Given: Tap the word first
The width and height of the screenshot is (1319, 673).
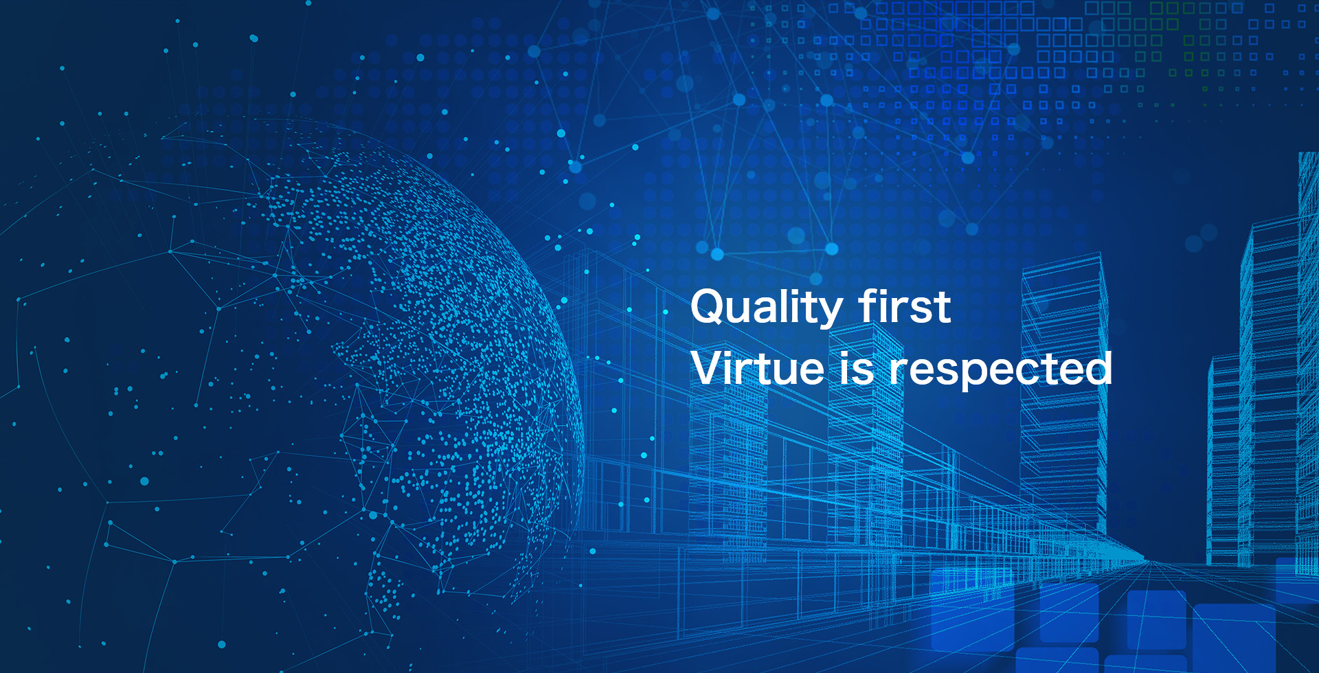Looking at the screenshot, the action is [x=905, y=306].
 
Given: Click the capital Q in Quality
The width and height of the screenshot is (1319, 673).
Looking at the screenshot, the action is [x=709, y=306].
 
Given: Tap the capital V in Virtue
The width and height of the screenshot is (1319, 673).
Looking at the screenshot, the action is [x=708, y=368].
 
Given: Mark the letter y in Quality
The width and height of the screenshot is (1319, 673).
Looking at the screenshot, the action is [x=831, y=312].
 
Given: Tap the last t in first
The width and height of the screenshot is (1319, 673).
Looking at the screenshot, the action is [x=943, y=308].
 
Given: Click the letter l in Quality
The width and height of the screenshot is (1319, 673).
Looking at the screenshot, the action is [x=787, y=306].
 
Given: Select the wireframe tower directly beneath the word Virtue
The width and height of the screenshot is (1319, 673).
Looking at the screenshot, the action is [x=728, y=467].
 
